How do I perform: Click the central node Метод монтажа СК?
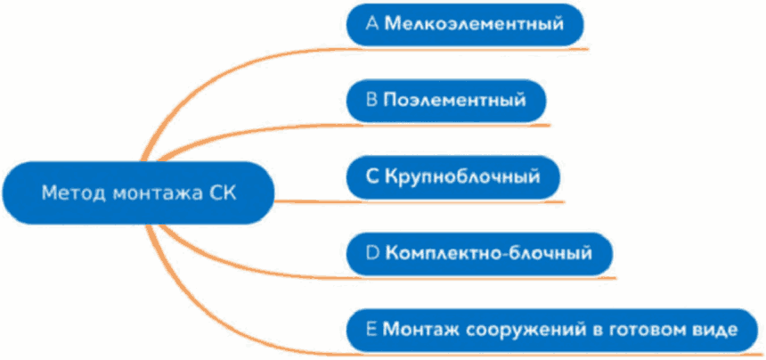(139, 192)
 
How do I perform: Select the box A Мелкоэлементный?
(465, 25)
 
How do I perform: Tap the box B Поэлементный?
(445, 101)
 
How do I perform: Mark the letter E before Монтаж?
(372, 329)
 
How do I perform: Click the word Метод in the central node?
(69, 192)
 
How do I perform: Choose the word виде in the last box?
(713, 329)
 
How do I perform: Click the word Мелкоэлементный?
(475, 25)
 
